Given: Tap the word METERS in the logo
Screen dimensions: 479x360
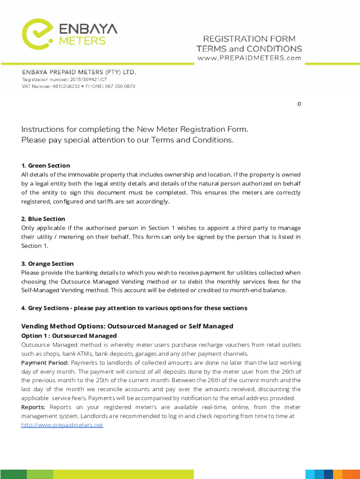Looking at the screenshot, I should [82, 41].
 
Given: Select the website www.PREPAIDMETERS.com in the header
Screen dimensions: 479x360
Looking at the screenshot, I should [249, 58].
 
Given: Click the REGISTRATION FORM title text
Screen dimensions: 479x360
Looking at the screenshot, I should [249, 39].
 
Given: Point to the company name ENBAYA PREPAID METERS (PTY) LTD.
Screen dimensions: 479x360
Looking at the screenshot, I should [79, 73].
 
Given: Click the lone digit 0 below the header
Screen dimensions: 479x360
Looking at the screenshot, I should [299, 104].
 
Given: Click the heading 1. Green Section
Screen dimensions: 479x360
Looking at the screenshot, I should [45, 166].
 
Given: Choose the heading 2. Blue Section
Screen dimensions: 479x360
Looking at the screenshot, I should [43, 219].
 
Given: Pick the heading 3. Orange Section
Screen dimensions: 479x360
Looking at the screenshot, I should [47, 264].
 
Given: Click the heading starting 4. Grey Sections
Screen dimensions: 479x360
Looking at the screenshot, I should [134, 308].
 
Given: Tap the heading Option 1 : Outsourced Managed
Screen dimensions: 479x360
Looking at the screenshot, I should [69, 336].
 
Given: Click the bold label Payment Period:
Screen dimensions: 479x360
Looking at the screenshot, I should [45, 363].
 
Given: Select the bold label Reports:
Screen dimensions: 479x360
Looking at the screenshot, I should [34, 407].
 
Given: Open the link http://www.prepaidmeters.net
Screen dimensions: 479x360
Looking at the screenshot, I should [62, 425].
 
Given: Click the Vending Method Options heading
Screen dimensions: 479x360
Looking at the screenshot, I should [127, 326].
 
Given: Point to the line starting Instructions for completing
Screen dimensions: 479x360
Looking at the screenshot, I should [135, 129].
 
